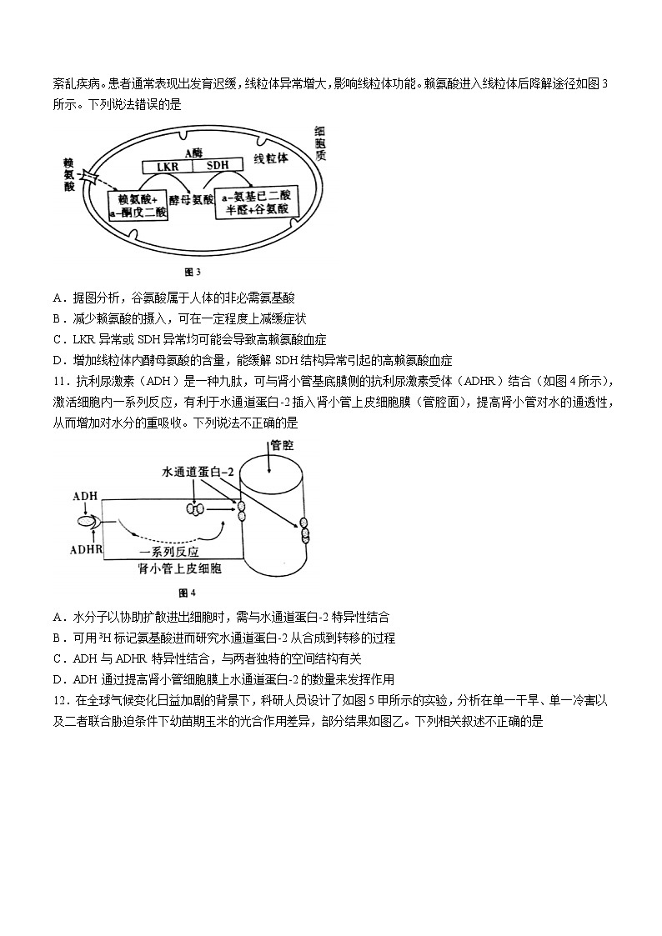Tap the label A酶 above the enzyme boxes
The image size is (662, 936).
click(193, 152)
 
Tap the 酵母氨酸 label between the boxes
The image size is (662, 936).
click(191, 200)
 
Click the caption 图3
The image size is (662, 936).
click(193, 272)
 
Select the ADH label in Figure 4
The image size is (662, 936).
click(85, 497)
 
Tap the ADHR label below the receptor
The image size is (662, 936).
click(86, 551)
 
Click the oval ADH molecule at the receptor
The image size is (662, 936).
click(87, 522)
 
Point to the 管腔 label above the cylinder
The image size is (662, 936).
click(282, 447)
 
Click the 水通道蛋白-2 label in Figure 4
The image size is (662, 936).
click(200, 472)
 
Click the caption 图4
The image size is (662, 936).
click(187, 593)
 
